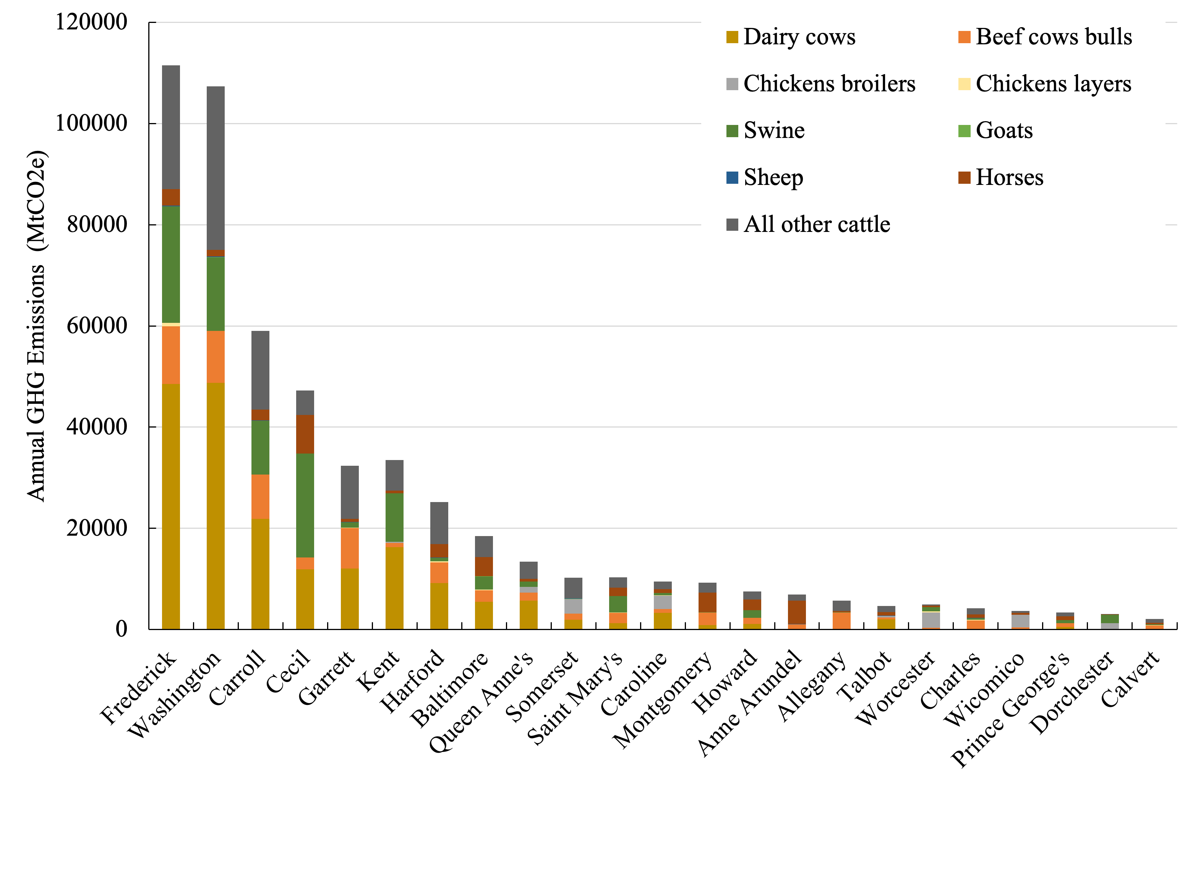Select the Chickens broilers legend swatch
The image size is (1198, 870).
732,84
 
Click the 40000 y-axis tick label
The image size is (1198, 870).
97,426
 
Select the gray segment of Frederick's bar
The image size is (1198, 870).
170,127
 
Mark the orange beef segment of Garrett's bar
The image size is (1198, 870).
350,548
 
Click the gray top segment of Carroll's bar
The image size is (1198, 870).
260,370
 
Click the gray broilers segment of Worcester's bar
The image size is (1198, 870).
931,620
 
